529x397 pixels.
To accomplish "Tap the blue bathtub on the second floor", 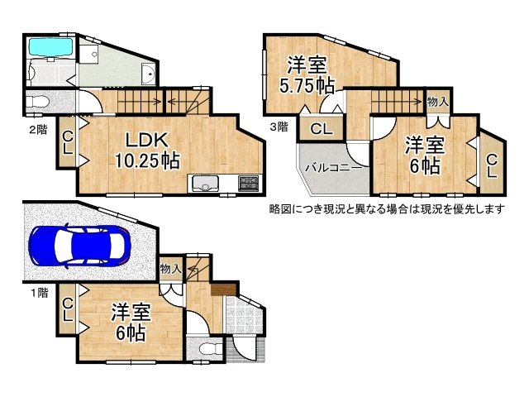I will pyautogui.click(x=51, y=48).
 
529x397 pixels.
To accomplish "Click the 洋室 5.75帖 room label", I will pyautogui.click(x=307, y=73).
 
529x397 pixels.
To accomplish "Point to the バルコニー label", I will pyautogui.click(x=332, y=167).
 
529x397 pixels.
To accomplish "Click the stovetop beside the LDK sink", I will pyautogui.click(x=248, y=184).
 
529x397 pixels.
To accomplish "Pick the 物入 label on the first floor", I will pyautogui.click(x=171, y=269).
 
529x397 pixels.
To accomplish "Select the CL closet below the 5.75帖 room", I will pyautogui.click(x=322, y=129).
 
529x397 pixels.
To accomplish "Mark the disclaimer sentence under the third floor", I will pyautogui.click(x=386, y=208).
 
